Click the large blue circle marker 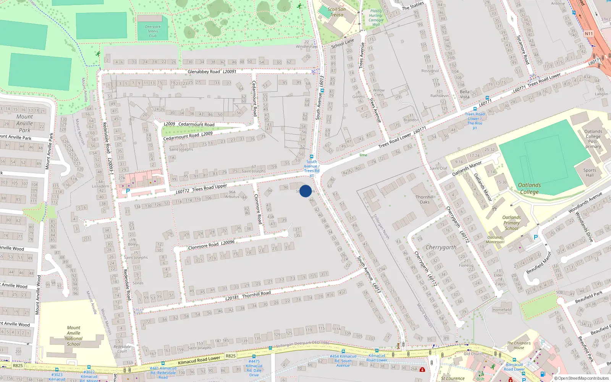[305, 191]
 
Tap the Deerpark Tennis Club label [153, 31]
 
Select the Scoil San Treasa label [336, 12]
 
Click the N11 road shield [588, 34]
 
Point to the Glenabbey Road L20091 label [212, 71]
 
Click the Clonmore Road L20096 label [211, 245]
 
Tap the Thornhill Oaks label [425, 199]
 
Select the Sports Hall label [590, 173]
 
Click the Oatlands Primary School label [511, 223]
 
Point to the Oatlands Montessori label [495, 240]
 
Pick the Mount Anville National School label [74, 336]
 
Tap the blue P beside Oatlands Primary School [536, 237]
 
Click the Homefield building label [502, 310]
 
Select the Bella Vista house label [464, 94]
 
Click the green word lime [363, 155]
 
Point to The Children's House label [519, 345]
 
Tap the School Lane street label [343, 43]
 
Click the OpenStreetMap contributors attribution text [581, 378]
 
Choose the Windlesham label [307, 47]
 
